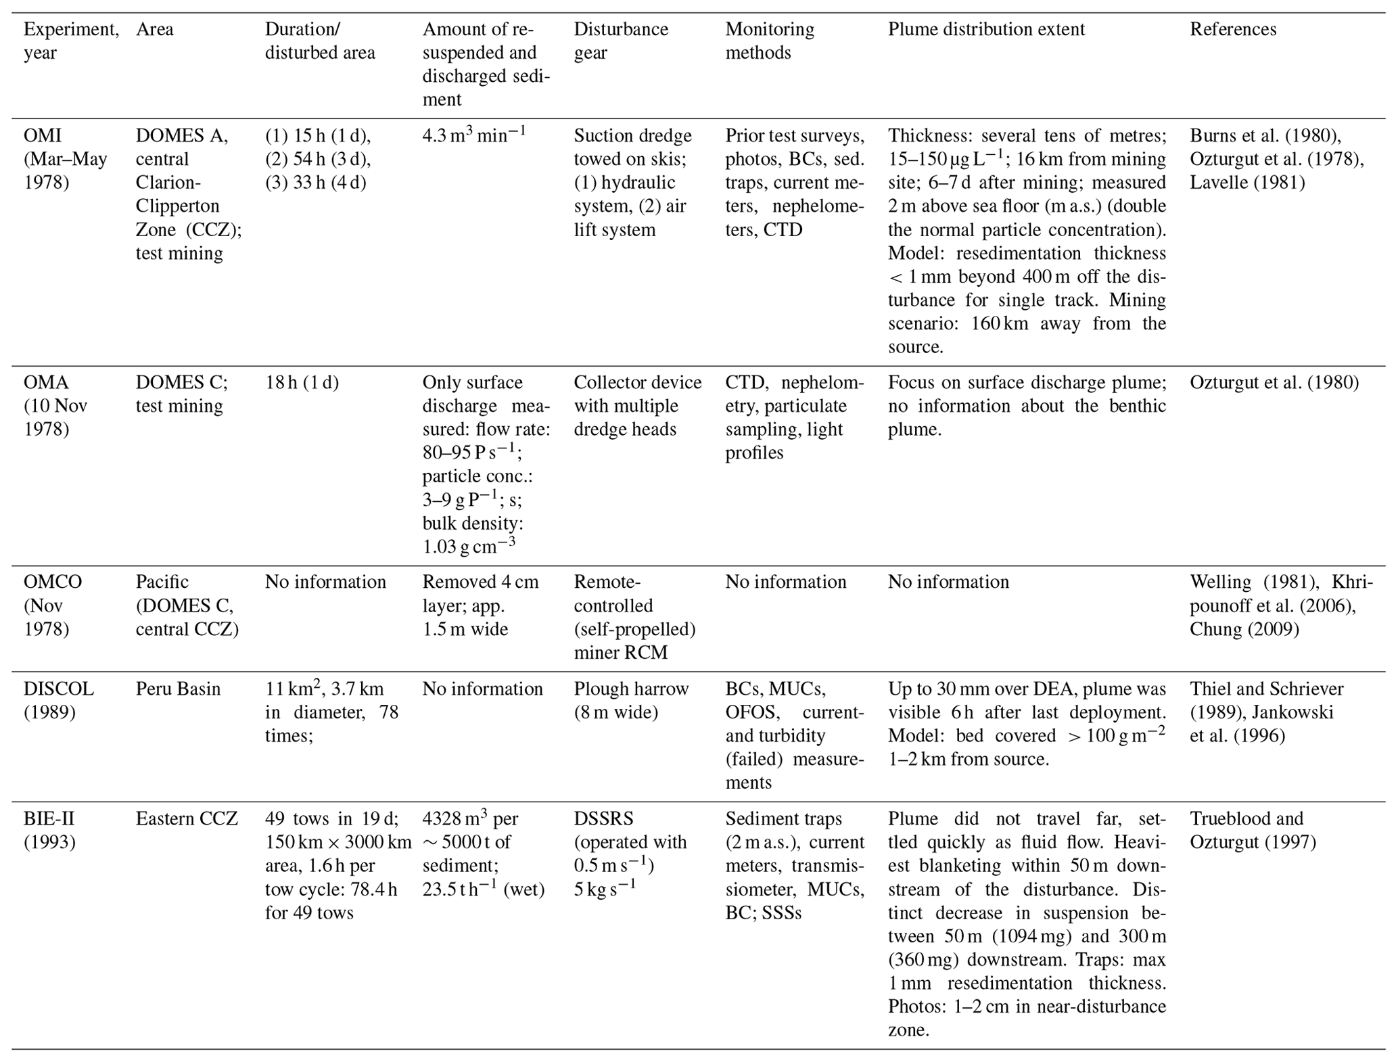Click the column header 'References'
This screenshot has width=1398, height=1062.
tap(1233, 30)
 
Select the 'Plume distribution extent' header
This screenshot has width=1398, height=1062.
tap(986, 30)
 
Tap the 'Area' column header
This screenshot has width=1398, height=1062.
tap(154, 30)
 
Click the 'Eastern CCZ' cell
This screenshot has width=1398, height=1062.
tap(187, 818)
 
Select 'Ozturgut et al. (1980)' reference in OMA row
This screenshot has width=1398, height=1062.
tap(1274, 383)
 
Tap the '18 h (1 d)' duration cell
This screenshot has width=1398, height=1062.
tap(302, 383)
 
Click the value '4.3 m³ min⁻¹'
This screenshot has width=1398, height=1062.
tap(474, 135)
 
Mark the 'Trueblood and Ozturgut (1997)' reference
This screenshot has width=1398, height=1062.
tap(1253, 830)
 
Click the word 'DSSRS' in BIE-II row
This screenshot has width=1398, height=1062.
tap(604, 818)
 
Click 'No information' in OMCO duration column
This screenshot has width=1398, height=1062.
tap(325, 582)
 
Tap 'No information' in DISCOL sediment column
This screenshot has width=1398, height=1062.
tap(482, 689)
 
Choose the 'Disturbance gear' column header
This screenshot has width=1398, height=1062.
tap(620, 41)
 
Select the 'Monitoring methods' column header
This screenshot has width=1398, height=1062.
tap(770, 41)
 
